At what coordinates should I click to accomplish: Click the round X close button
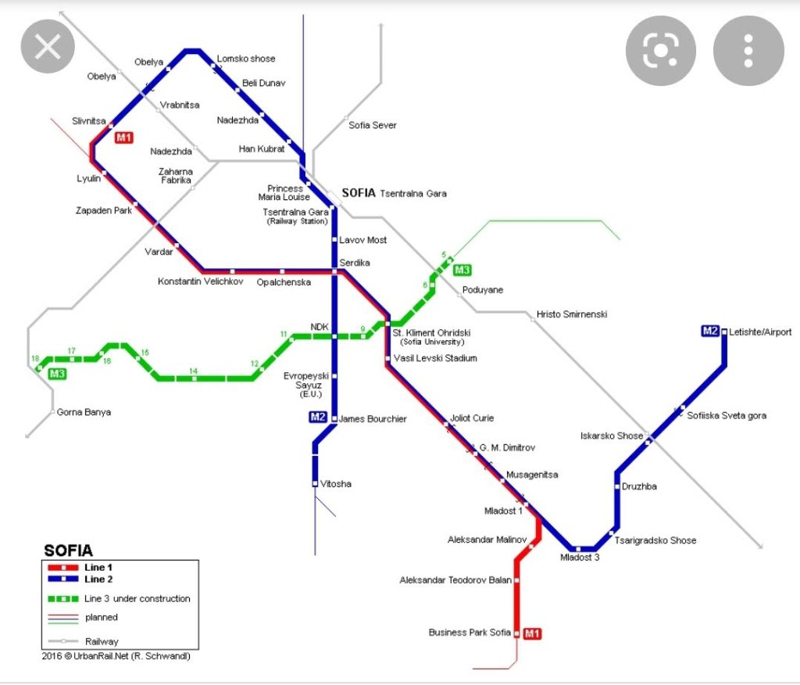[x=48, y=48]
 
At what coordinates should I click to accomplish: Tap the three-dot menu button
[x=748, y=51]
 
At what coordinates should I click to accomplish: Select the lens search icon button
[x=660, y=51]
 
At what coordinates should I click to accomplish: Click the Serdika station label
[x=355, y=263]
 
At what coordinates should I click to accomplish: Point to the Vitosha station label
[x=336, y=484]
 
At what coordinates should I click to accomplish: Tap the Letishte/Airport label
[x=760, y=332]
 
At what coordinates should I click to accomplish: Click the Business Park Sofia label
[x=470, y=633]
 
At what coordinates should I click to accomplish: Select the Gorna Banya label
[x=84, y=412]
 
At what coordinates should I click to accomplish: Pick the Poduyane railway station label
[x=483, y=290]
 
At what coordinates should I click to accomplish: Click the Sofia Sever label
[x=373, y=125]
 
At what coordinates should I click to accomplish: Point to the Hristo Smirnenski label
[x=571, y=314]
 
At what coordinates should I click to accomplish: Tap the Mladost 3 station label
[x=580, y=558]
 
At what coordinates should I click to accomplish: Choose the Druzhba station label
[x=639, y=486]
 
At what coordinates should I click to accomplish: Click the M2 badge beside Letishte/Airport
[x=709, y=332]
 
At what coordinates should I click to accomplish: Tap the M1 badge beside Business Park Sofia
[x=532, y=633]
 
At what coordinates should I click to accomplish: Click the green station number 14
[x=193, y=371]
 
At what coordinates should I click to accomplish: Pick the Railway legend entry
[x=102, y=641]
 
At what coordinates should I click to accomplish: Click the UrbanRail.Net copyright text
[x=116, y=656]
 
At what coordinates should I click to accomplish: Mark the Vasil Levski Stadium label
[x=435, y=358]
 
